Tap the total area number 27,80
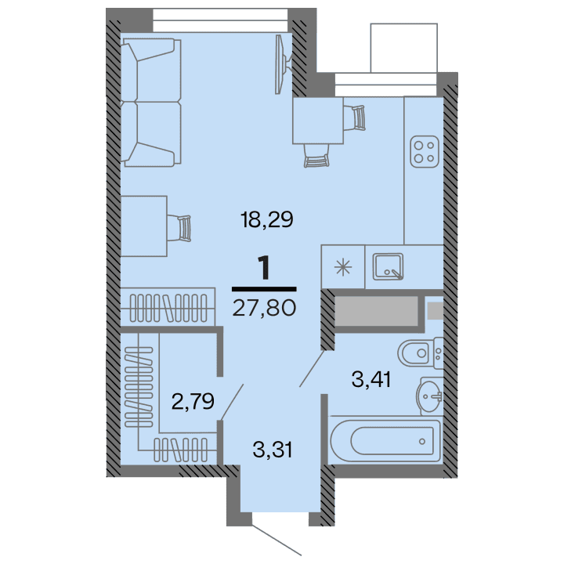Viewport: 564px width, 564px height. (264, 308)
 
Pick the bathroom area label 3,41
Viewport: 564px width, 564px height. (371, 381)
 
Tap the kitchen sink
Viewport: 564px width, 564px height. (388, 266)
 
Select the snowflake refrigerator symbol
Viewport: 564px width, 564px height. (343, 266)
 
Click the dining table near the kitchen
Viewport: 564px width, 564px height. (317, 120)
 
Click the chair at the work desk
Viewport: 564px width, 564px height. (183, 226)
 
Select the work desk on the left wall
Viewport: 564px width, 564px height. (144, 226)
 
